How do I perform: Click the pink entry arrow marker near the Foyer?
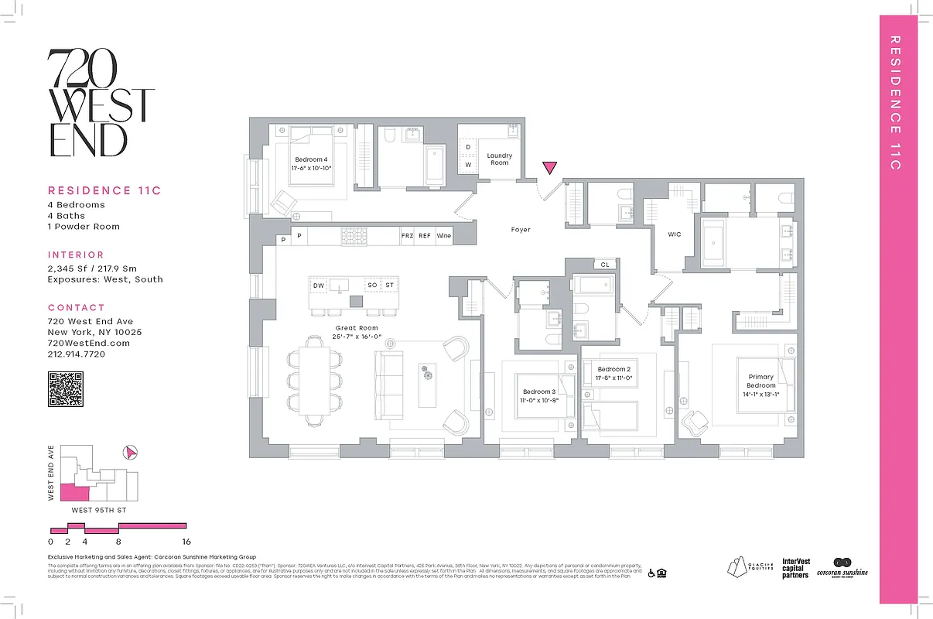[550, 168]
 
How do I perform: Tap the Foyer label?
[521, 230]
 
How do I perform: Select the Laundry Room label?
[500, 159]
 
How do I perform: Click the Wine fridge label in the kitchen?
[444, 236]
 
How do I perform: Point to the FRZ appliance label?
[407, 236]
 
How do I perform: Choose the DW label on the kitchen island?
[319, 286]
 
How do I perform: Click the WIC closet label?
[675, 234]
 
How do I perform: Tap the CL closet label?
[605, 265]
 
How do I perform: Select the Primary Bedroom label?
[761, 381]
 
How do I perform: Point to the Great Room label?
[357, 328]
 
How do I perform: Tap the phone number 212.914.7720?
[77, 354]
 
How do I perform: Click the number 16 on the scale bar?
[186, 542]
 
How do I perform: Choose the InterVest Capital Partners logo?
[795, 569]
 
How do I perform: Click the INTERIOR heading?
[76, 255]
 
